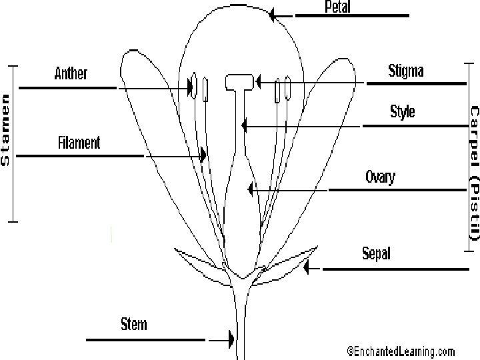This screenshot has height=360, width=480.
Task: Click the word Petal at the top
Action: tap(337, 7)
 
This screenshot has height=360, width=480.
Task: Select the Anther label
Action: tap(71, 73)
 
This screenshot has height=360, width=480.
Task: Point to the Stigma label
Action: tap(405, 70)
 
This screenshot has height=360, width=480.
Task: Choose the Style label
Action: tap(402, 111)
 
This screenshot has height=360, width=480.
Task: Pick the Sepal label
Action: tap(376, 253)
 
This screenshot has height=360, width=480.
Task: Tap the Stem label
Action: tap(133, 325)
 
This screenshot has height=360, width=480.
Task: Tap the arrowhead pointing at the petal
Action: tap(272, 14)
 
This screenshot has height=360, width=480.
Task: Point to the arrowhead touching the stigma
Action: tap(257, 83)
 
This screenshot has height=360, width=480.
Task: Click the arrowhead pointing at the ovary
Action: tap(250, 190)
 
